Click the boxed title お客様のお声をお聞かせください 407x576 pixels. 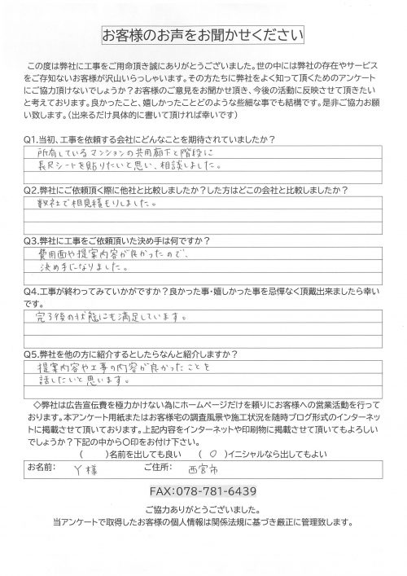[203, 35]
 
